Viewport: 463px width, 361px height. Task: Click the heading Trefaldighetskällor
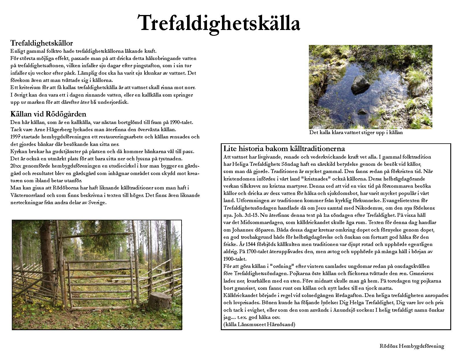[x=42, y=43]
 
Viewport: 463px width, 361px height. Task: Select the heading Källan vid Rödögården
[x=48, y=114]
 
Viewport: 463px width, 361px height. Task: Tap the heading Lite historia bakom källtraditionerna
[x=284, y=149]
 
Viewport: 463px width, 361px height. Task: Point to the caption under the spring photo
[x=356, y=133]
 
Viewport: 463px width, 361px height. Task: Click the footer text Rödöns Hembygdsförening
[x=412, y=346]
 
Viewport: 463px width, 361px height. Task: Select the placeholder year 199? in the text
[x=15, y=137]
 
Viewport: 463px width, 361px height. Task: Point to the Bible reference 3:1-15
[x=249, y=215]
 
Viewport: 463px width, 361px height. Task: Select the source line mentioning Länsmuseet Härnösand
[x=259, y=324]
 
